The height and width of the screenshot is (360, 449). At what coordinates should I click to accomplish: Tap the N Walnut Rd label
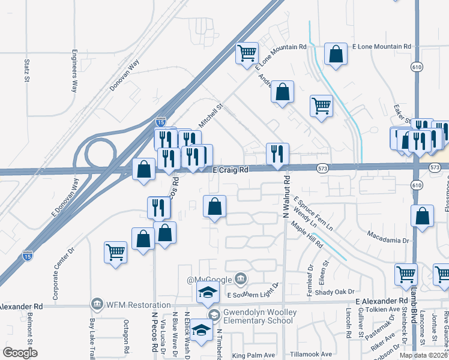(x=288, y=199)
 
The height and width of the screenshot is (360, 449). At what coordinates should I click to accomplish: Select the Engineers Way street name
(x=74, y=70)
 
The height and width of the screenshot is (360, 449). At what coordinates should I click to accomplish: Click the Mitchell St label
(x=211, y=113)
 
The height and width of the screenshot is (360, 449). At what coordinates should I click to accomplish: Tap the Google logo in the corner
(x=20, y=353)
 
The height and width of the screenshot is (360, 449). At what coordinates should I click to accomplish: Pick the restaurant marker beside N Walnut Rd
(x=277, y=154)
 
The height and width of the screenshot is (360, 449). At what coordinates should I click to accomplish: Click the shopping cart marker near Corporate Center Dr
(x=115, y=252)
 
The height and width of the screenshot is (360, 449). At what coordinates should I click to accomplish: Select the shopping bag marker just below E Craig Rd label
(x=214, y=207)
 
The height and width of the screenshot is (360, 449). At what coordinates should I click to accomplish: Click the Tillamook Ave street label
(x=310, y=354)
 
